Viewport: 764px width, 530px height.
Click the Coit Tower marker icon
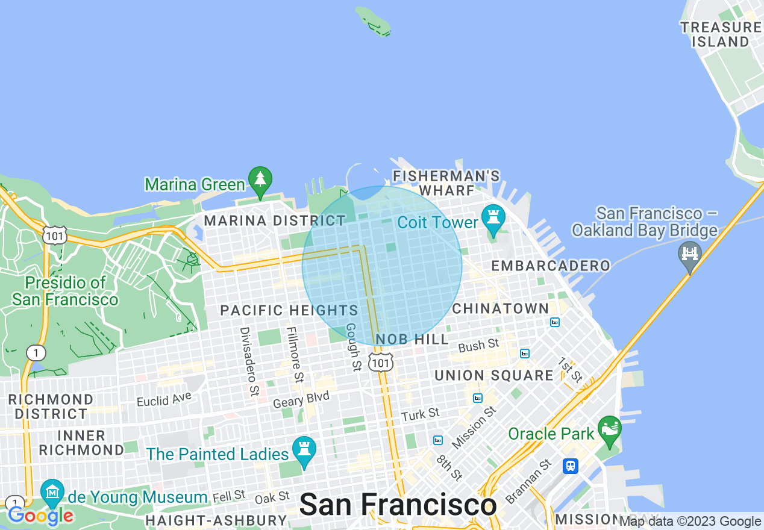point(493,219)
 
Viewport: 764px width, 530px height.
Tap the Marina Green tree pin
point(260,181)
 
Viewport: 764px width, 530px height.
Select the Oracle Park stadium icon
point(610,430)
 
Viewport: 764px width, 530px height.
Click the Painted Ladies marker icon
point(304,450)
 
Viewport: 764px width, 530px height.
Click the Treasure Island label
point(721,34)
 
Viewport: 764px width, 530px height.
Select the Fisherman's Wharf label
point(446,183)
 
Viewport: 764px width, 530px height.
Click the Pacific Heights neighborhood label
point(289,311)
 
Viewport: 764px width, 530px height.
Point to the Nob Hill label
point(412,339)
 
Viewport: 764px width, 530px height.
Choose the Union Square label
point(494,376)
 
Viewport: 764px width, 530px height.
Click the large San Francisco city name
point(398,505)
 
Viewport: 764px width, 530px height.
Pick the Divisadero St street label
point(249,361)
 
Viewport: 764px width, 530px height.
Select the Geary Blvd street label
point(301,399)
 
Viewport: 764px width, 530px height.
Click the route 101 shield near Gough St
point(382,362)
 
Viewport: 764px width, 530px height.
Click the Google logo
point(41,516)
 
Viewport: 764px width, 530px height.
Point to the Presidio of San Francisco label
point(65,291)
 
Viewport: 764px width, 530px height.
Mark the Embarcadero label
point(551,266)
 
